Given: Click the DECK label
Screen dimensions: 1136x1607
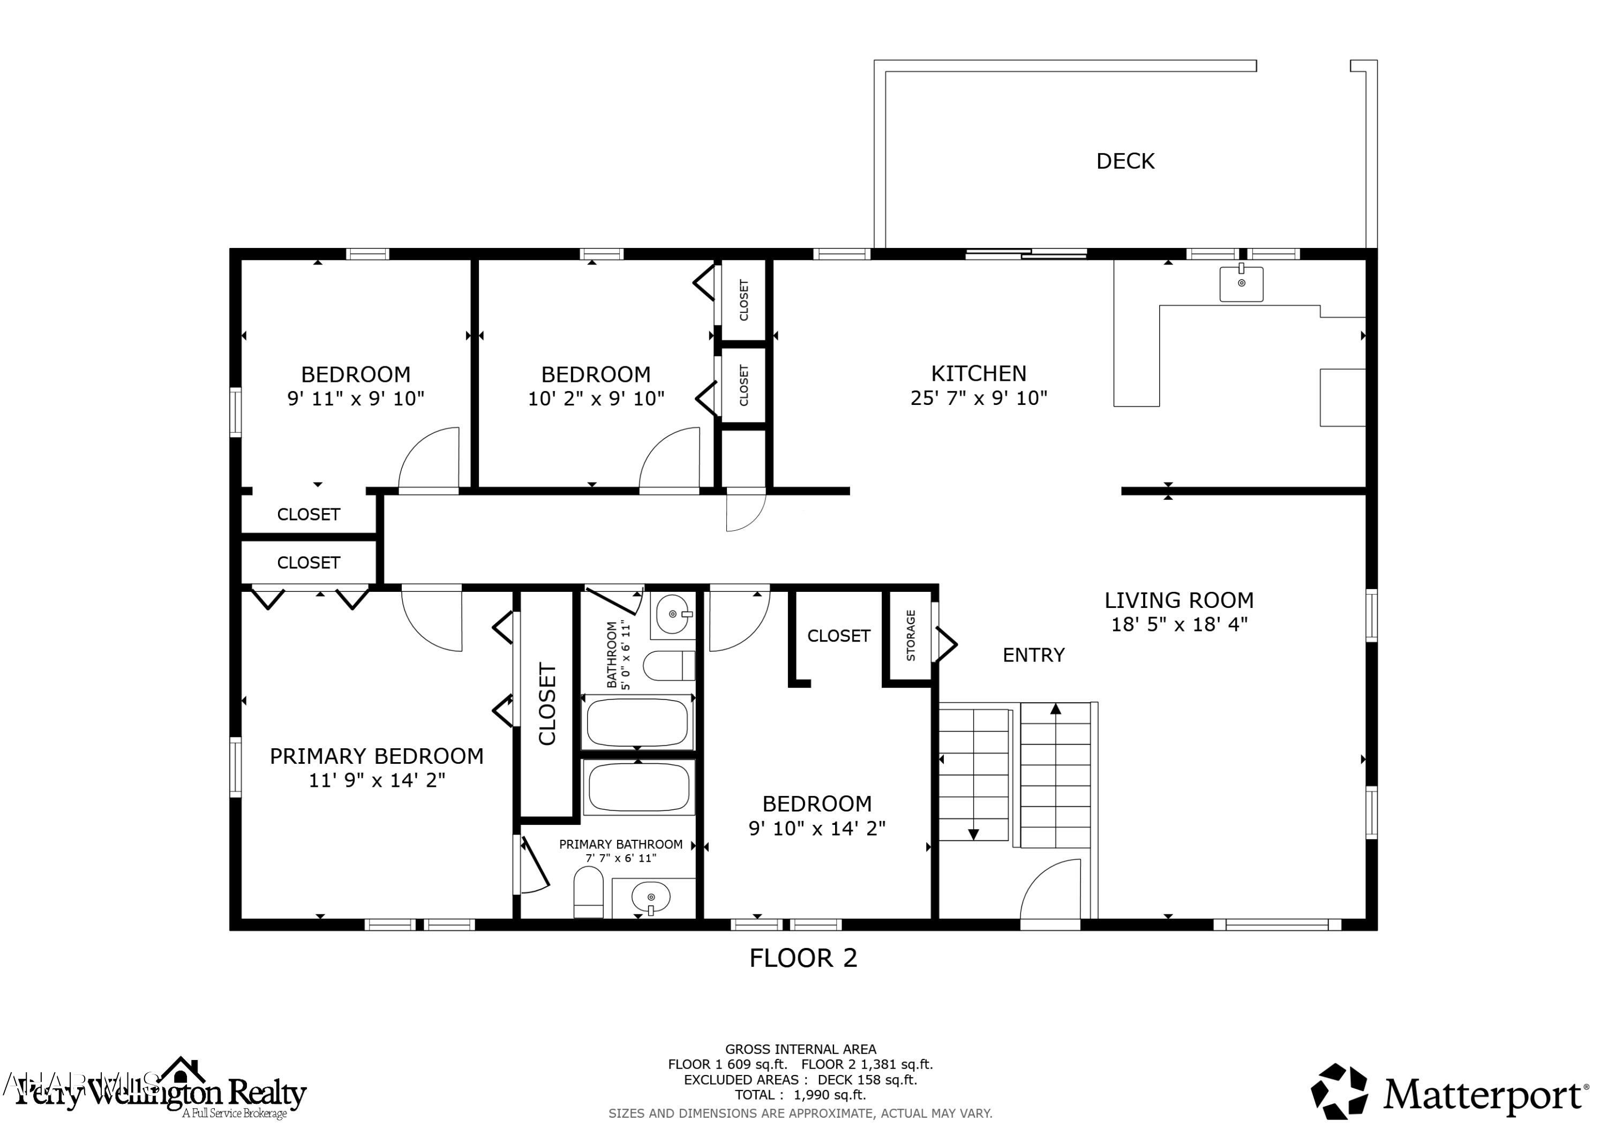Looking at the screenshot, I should click(x=1125, y=162).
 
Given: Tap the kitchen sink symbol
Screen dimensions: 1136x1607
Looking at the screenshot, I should click(x=1241, y=283).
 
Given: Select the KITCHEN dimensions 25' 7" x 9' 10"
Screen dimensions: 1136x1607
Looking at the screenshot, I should click(x=979, y=398).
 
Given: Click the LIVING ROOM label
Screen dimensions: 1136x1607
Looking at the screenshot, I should click(x=1178, y=600).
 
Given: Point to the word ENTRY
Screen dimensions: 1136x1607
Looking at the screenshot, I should click(x=1033, y=655).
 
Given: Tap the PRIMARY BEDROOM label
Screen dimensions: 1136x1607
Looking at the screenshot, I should click(x=377, y=757).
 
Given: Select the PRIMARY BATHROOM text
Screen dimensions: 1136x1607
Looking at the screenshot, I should click(x=620, y=845).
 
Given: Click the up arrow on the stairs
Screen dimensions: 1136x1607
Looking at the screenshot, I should click(x=1055, y=710).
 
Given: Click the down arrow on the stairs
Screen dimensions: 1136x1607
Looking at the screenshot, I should click(x=973, y=833).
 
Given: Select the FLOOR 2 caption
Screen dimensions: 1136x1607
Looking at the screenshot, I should click(x=803, y=958).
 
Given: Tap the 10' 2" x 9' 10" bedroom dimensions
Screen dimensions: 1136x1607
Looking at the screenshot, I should click(x=596, y=399).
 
